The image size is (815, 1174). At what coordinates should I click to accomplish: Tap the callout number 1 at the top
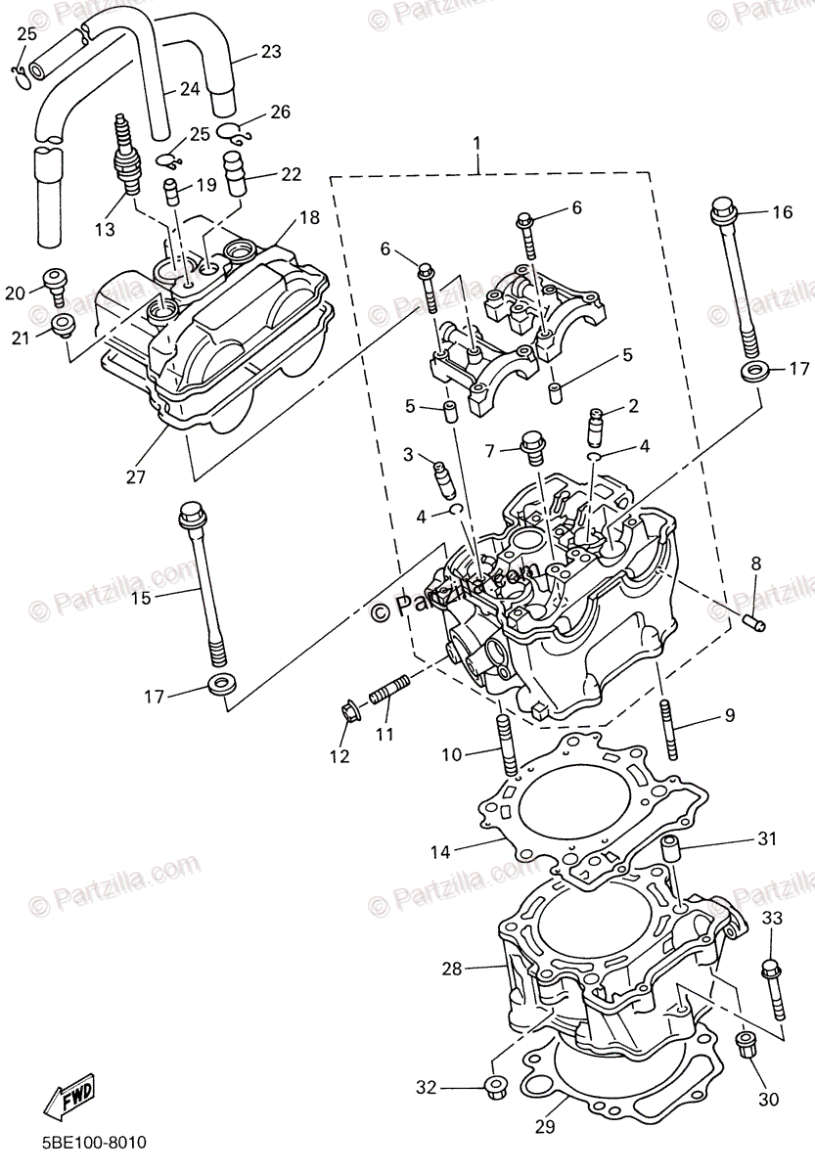coord(477,144)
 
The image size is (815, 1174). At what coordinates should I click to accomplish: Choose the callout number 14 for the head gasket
coord(441,851)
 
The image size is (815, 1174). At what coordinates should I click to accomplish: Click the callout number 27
coord(135,477)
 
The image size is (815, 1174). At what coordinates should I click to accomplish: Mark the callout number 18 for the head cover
coord(309,217)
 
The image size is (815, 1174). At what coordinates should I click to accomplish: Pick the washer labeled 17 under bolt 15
coord(221,683)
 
